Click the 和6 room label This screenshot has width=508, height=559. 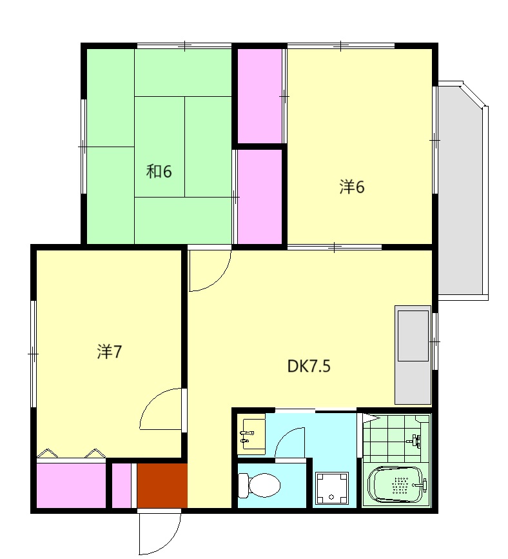coord(159,172)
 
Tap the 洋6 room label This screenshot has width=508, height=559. coord(352,187)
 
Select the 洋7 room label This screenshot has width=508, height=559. coord(110,352)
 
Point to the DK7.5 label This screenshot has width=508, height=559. coord(309,366)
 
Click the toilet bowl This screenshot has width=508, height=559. coord(259,485)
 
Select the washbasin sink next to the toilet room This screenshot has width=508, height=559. coord(251,434)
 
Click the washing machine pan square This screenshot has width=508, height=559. coord(332,489)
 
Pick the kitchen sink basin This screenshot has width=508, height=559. coord(413,336)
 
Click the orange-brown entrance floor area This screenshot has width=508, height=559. coord(162,485)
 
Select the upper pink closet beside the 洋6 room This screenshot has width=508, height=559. coord(260,96)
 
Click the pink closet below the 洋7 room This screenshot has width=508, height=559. coord(71,485)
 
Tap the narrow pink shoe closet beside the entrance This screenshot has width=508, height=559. coord(122,485)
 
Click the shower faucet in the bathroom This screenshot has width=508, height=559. coord(414,441)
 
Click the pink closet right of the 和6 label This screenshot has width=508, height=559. coord(260,197)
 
